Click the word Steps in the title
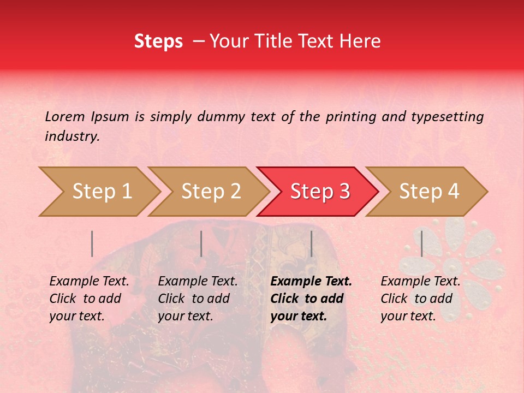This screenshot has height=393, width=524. point(158,41)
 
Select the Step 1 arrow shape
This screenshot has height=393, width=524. point(98,192)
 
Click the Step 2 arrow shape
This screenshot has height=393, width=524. point(210,192)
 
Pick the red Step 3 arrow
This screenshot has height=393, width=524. point(319,192)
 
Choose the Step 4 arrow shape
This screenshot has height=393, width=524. point(428,192)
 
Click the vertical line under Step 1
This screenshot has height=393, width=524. point(92,243)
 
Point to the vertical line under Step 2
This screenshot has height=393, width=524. point(201,243)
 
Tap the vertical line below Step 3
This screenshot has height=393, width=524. point(311,243)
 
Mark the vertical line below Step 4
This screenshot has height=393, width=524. point(421,243)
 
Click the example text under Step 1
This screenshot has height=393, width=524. point(89,299)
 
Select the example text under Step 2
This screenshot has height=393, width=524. point(198,299)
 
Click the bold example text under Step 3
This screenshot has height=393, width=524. point(311,299)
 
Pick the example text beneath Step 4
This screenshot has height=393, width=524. point(420,299)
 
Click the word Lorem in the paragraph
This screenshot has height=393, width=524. point(64,116)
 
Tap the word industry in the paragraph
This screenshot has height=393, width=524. point(72,136)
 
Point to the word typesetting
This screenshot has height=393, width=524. point(447,116)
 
